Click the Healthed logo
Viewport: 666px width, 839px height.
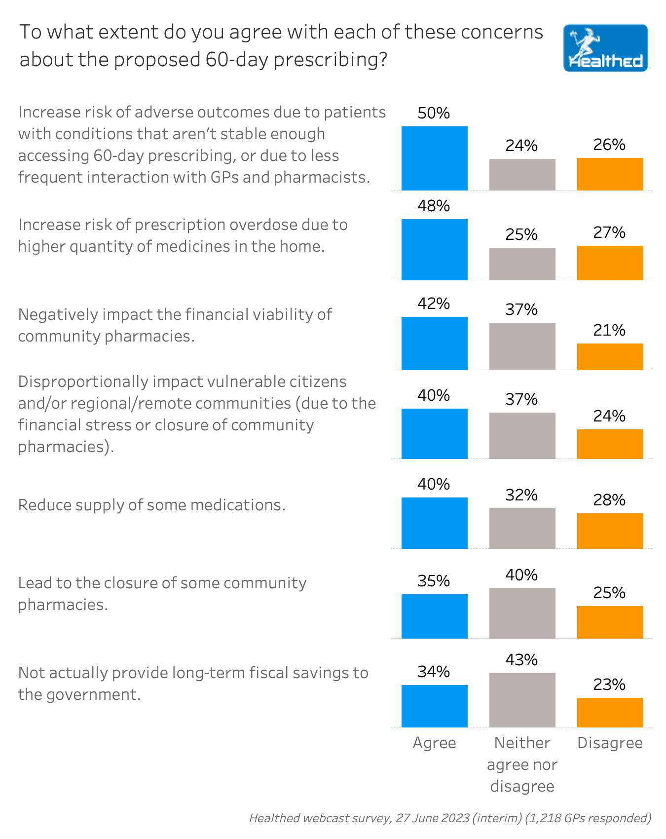click(605, 48)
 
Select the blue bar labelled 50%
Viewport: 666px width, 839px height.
click(434, 158)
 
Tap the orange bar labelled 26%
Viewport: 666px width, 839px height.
click(610, 174)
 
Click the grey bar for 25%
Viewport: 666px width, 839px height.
click(522, 264)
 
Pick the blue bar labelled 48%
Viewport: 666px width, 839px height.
click(434, 250)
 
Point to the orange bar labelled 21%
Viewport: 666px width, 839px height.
click(610, 357)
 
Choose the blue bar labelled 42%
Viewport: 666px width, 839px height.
click(434, 343)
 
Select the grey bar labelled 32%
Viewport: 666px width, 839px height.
click(522, 529)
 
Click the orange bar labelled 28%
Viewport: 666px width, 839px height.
click(610, 531)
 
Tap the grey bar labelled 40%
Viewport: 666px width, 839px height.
click(522, 613)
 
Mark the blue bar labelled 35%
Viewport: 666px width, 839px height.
click(434, 616)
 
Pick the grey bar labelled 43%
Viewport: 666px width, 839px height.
click(522, 700)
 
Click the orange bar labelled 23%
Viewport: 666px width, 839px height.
click(610, 713)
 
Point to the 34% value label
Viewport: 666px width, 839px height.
click(434, 672)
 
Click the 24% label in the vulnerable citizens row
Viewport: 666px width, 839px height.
click(609, 416)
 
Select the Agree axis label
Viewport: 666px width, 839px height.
click(434, 743)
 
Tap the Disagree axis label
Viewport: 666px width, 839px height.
click(610, 743)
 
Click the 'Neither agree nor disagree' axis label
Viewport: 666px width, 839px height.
click(522, 764)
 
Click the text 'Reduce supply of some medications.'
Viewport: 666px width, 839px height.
click(152, 505)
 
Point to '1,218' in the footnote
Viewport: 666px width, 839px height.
click(543, 818)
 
